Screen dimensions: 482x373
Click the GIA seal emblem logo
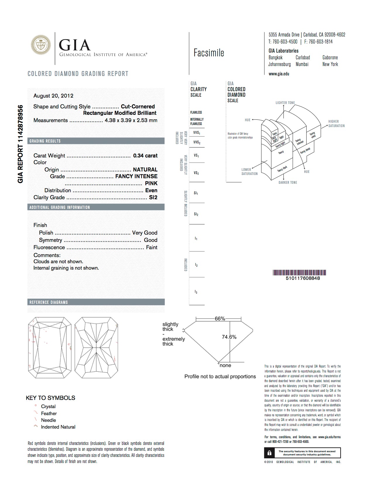tap(41, 45)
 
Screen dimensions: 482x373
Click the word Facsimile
tap(209, 53)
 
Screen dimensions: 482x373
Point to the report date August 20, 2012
tap(53, 96)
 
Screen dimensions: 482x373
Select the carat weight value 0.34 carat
tap(145, 156)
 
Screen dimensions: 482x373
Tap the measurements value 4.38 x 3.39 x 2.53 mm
tap(131, 120)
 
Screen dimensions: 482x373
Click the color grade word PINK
tap(151, 183)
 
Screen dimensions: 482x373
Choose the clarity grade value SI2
tap(153, 197)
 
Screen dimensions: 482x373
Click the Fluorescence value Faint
tap(152, 247)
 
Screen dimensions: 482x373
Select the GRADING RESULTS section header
tap(45, 141)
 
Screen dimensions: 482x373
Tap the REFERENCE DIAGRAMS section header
tap(49, 302)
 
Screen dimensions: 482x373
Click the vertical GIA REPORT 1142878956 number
tap(20, 144)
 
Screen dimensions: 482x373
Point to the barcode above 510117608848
tap(299, 273)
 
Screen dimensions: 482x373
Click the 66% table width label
tap(220, 318)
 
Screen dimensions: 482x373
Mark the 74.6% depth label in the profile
tap(229, 337)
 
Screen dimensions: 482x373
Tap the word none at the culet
tap(225, 365)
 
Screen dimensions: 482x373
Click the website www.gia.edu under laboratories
tap(279, 74)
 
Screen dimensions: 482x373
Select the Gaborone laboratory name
tap(330, 58)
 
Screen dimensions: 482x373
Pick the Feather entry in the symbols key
tap(49, 413)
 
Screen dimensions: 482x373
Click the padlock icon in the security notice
tap(269, 453)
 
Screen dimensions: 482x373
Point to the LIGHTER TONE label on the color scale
tap(285, 103)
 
